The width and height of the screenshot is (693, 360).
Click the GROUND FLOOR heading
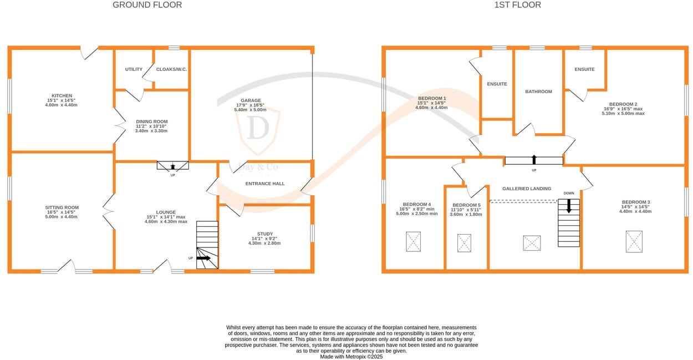[x=147, y=5]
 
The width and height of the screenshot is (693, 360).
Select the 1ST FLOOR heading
[x=518, y=5]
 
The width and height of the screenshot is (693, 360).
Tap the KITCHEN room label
[x=62, y=95]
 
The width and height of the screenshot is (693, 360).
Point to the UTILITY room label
[x=134, y=69]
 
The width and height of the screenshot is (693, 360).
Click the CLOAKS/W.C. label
[x=171, y=69]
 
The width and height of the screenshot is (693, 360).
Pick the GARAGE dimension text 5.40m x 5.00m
[x=250, y=110]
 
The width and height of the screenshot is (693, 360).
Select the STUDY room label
[x=265, y=234]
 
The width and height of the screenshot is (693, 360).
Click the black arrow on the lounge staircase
[x=203, y=258]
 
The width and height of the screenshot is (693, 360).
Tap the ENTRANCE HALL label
[x=265, y=184]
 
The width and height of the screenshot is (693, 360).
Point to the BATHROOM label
[x=539, y=92]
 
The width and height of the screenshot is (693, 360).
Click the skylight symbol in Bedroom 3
[x=634, y=242]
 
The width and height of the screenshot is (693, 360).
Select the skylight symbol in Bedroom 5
[x=465, y=243]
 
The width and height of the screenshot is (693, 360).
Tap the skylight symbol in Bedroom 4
[x=414, y=242]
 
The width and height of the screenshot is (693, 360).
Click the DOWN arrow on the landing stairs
[x=569, y=206]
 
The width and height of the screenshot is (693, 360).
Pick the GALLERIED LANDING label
[x=527, y=189]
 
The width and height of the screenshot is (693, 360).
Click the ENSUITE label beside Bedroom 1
[x=497, y=84]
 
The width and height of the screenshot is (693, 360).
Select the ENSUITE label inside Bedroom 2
[x=585, y=69]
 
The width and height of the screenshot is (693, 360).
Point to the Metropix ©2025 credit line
[x=351, y=357]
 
